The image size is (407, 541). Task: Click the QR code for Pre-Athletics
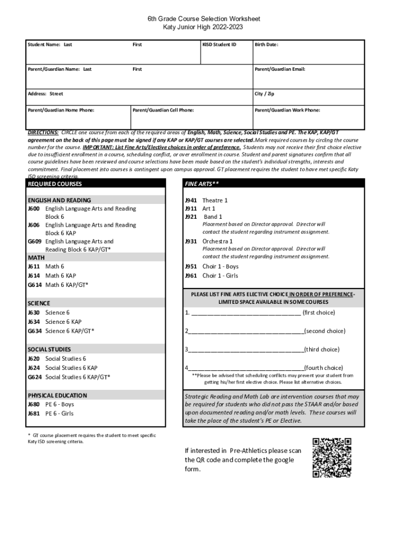(332, 458)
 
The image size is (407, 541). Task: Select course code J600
(34, 209)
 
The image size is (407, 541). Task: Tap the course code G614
(34, 285)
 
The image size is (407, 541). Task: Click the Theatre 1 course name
(215, 200)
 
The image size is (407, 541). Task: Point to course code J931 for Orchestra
(191, 241)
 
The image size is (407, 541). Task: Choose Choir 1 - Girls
(220, 276)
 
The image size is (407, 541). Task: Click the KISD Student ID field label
(219, 45)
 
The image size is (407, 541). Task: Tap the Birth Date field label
(266, 45)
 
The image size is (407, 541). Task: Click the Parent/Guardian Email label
(280, 69)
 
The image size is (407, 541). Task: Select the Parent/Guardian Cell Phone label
(163, 110)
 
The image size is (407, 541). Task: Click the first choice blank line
(246, 313)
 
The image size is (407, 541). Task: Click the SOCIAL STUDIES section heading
(49, 349)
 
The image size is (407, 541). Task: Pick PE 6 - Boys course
(60, 405)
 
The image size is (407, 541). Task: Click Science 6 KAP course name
(63, 322)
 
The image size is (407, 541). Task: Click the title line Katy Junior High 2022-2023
(203, 27)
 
